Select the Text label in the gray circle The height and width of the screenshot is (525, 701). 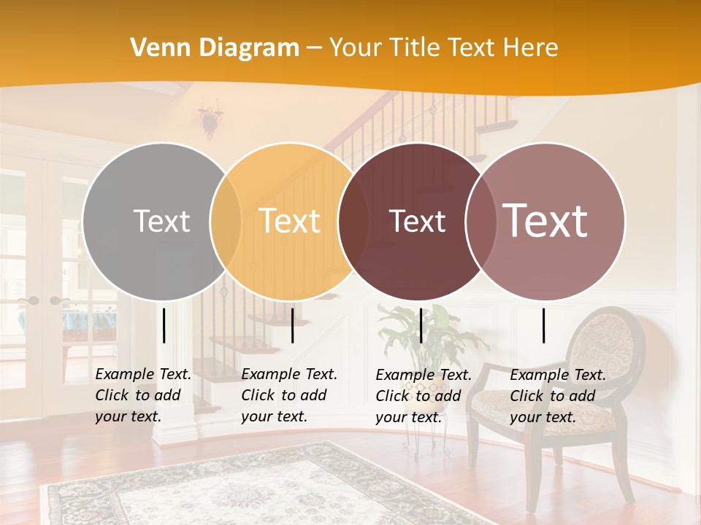pyautogui.click(x=161, y=221)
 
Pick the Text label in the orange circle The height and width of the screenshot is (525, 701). pyautogui.click(x=290, y=221)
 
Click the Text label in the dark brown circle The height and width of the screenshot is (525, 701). pyautogui.click(x=417, y=221)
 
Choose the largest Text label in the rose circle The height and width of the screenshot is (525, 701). pyautogui.click(x=545, y=220)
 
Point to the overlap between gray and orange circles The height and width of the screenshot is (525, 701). pyautogui.click(x=226, y=221)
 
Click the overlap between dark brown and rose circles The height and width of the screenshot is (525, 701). pyautogui.click(x=481, y=221)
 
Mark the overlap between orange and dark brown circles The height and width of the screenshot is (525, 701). pyautogui.click(x=353, y=221)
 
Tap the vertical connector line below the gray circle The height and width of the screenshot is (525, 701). pyautogui.click(x=164, y=325)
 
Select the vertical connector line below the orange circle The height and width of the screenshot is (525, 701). pyautogui.click(x=292, y=325)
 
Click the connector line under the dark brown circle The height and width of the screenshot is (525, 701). pyautogui.click(x=421, y=325)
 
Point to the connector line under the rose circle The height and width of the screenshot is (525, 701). pyautogui.click(x=544, y=325)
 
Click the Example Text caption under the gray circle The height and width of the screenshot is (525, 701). pyautogui.click(x=143, y=395)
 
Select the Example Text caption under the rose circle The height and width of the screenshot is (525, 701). pyautogui.click(x=557, y=396)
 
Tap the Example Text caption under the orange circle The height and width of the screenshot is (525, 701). pyautogui.click(x=289, y=395)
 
